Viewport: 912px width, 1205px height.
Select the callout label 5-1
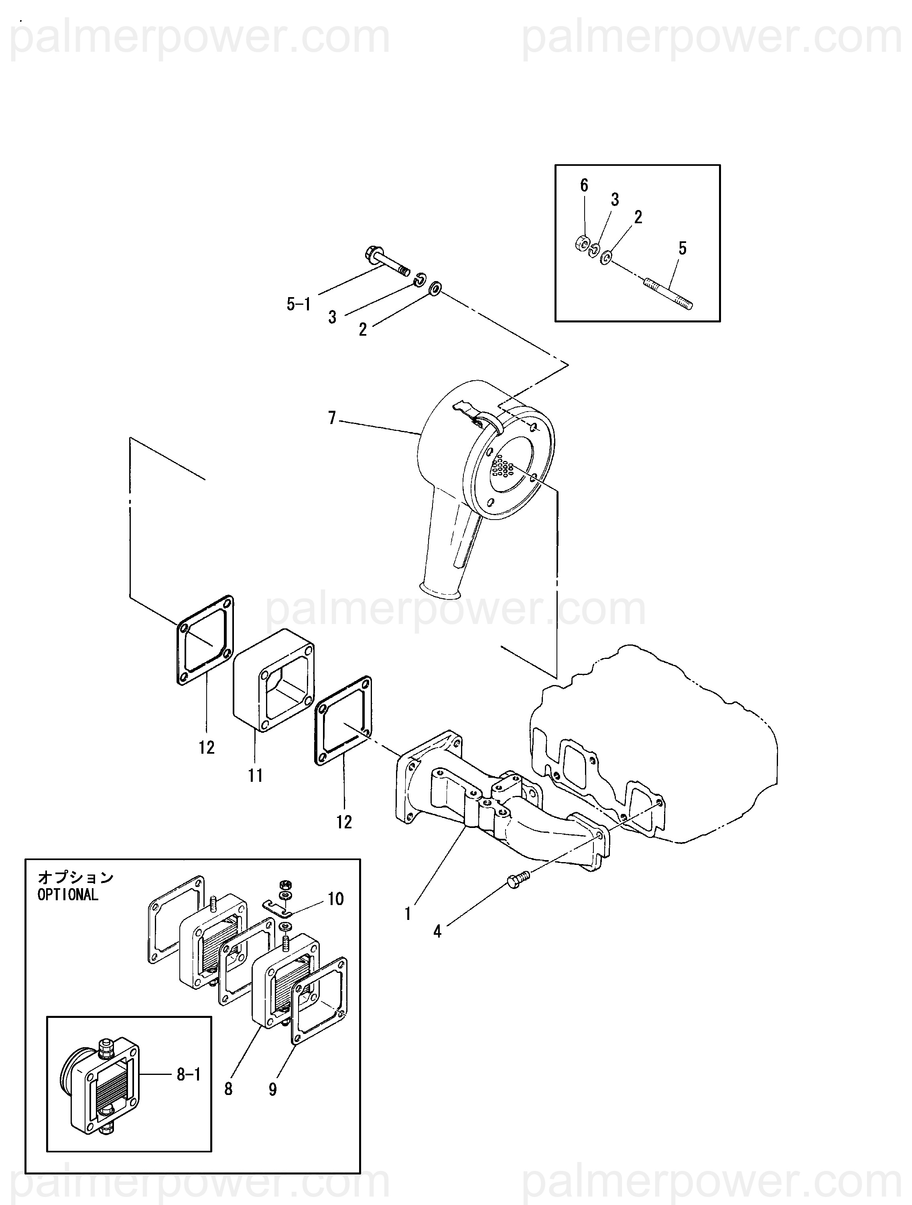coord(299,304)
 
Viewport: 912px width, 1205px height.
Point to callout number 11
coord(255,775)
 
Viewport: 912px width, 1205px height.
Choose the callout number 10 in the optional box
coord(335,899)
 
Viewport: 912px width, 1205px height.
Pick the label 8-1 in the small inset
coord(189,1074)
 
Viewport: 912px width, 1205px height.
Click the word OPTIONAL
coord(68,895)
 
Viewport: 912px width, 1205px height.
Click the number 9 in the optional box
coord(272,1089)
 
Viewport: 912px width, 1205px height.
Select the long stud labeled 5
coord(668,294)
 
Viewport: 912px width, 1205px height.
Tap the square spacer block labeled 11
coord(273,681)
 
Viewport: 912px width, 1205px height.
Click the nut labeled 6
coord(582,243)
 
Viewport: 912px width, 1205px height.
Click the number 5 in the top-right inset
coord(682,249)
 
